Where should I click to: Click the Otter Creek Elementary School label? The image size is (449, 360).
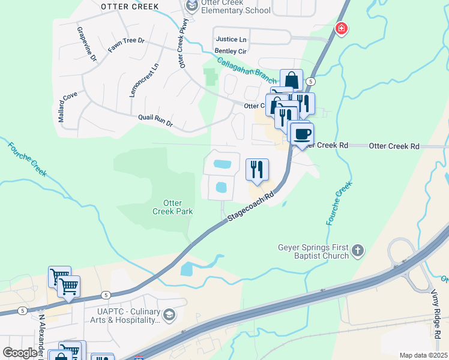click(237, 6)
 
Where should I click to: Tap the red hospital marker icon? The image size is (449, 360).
click(341, 28)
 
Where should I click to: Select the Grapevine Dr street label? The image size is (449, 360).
click(86, 44)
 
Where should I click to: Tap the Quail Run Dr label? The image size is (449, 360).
click(155, 120)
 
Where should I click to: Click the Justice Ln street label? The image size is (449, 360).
click(231, 39)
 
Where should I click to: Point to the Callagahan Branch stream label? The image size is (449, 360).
click(247, 70)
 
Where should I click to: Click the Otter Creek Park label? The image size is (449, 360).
click(172, 208)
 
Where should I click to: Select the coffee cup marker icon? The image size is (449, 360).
click(301, 133)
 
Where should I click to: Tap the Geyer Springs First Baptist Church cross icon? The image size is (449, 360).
click(358, 250)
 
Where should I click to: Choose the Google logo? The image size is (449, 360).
click(20, 353)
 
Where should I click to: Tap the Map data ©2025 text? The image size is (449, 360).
click(423, 355)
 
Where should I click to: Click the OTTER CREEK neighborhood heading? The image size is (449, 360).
click(130, 7)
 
